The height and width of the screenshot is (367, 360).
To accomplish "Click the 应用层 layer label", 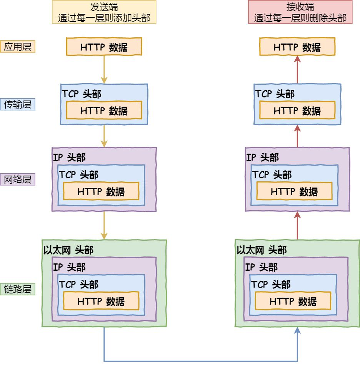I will tap(18, 47).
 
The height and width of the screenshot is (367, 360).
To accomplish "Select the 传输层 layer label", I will tap(18, 104).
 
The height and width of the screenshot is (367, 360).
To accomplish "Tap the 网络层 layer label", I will tap(18, 179).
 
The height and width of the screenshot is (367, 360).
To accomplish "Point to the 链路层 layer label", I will tap(18, 289).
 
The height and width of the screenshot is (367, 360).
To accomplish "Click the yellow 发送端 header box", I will tap(104, 12).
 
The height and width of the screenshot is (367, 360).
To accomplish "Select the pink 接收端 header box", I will tap(300, 12).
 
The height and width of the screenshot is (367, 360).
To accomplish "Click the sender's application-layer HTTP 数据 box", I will tap(104, 47).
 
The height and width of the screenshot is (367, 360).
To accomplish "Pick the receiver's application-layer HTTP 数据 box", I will tap(297, 47).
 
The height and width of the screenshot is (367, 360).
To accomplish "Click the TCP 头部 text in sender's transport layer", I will tap(82, 94).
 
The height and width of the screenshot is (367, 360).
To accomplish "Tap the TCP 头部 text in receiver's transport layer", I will tap(275, 94).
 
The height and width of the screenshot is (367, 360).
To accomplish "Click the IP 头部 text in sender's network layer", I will tap(69, 158).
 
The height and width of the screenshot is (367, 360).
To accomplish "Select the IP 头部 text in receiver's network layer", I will tap(262, 158).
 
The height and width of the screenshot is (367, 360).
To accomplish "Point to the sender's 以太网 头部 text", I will tap(68, 250).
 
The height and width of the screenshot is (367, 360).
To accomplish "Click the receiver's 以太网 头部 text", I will tap(262, 250).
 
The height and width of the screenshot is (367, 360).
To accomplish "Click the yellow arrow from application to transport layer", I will tap(104, 69).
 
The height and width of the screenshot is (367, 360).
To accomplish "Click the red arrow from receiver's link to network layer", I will tap(297, 226).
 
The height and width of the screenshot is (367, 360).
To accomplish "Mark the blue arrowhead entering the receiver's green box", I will tap(297, 331).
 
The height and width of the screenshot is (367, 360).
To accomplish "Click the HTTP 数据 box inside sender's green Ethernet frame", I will tap(101, 301).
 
